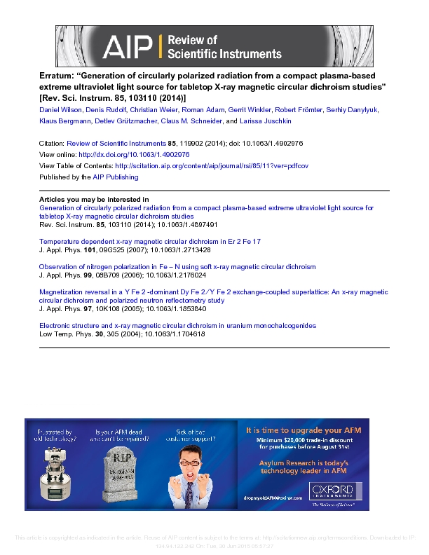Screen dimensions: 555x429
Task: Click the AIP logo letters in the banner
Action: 129,46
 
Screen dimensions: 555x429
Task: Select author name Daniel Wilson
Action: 60,110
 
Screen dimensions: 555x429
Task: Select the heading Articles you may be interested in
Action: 93,200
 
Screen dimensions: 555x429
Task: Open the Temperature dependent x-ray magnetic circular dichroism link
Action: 149,241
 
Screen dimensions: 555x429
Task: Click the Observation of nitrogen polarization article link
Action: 177,266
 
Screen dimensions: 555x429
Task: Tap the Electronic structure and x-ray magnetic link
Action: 177,326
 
